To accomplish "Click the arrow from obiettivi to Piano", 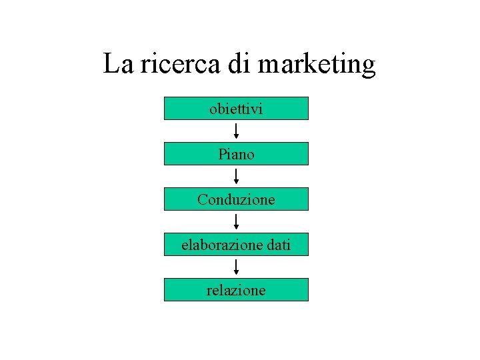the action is (237, 131).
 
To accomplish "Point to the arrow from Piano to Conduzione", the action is (237, 176).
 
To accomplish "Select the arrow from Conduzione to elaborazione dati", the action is (237, 221).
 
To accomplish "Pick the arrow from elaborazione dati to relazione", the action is (237, 267).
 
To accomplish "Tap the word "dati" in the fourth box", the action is (278, 245).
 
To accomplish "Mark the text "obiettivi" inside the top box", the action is (236, 108).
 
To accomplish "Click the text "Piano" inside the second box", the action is (236, 154).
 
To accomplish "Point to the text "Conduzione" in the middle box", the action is (236, 199).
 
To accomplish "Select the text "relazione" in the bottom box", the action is (236, 290).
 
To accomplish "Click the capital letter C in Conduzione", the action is (203, 199).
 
